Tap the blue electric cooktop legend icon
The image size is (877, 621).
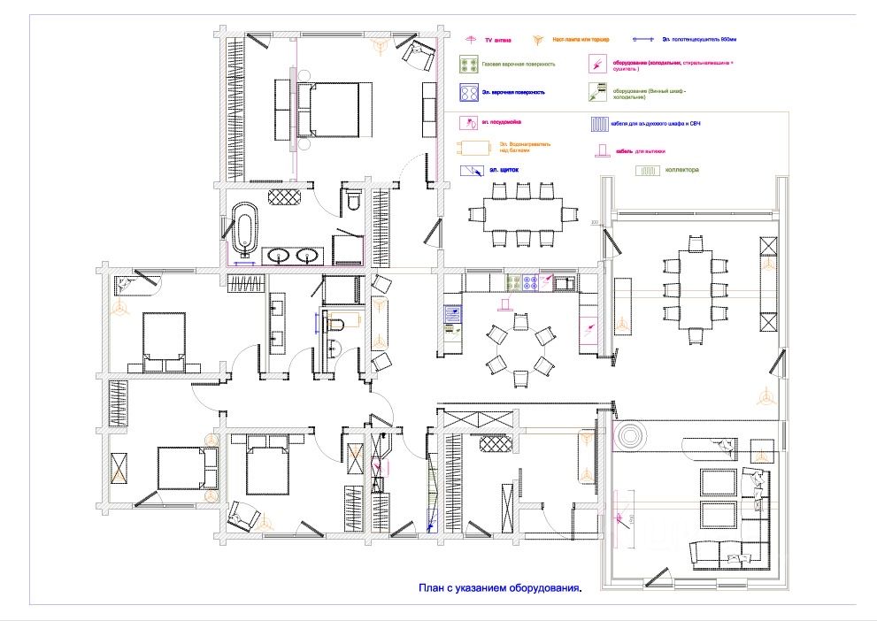click(x=469, y=92)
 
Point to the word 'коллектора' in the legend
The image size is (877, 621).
click(x=682, y=169)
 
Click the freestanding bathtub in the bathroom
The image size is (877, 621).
click(x=243, y=226)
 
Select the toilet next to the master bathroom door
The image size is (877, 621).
click(x=354, y=201)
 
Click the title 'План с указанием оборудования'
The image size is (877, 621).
click(x=500, y=586)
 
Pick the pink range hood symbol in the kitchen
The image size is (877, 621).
click(x=504, y=306)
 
